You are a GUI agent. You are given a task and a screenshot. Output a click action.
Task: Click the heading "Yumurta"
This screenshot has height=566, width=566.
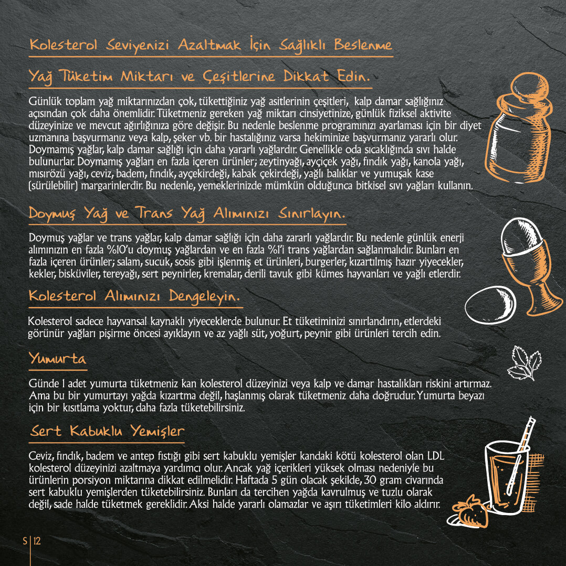coord(58,359)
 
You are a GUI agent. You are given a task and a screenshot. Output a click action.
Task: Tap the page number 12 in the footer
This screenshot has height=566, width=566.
coord(37,541)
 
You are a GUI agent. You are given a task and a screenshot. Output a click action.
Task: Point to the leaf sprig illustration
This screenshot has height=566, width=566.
coord(525,363)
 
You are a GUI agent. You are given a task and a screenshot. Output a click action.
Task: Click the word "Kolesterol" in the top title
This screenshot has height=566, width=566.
coord(64,45)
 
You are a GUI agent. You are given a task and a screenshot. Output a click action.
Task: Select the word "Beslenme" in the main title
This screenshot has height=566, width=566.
coord(363,45)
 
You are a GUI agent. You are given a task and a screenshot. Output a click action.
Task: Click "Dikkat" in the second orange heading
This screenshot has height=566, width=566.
coord(306,76)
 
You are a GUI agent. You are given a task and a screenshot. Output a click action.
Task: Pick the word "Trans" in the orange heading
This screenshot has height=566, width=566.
coord(154,213)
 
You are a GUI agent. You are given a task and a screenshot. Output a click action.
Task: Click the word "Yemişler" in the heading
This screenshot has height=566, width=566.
coord(158,431)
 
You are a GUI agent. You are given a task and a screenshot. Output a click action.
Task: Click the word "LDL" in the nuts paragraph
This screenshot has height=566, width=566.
coord(436,456)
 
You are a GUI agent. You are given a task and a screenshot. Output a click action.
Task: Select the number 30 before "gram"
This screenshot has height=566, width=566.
coord(370,480)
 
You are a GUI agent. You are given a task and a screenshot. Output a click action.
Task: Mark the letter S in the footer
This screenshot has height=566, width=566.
coord(25,541)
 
